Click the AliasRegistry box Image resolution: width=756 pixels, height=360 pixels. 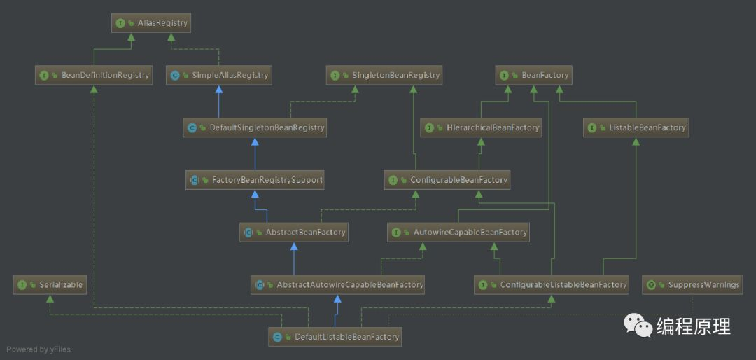coord(150,23)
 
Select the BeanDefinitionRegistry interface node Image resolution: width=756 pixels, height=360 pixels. coord(94,75)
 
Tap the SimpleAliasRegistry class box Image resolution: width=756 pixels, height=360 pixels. coord(219,75)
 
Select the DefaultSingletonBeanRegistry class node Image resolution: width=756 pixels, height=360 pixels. coord(255,127)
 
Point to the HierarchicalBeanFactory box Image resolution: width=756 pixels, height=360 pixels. coord(482,127)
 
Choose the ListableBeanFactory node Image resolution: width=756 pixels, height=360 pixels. coord(636,127)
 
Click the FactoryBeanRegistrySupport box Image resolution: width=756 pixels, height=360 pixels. coord(256,180)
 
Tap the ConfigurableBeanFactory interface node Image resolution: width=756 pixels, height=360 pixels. coord(447,180)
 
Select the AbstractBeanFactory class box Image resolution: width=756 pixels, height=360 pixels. coord(294,232)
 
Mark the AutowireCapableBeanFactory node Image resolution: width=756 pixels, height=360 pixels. coord(459,232)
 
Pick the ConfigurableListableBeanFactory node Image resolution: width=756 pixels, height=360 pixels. coord(552,284)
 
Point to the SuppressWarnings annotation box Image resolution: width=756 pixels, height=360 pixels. coord(692,284)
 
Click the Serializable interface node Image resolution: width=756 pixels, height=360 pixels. coord(51,284)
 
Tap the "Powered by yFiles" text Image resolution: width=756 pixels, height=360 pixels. coord(38,349)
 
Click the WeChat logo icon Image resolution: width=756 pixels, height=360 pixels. coord(638,325)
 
